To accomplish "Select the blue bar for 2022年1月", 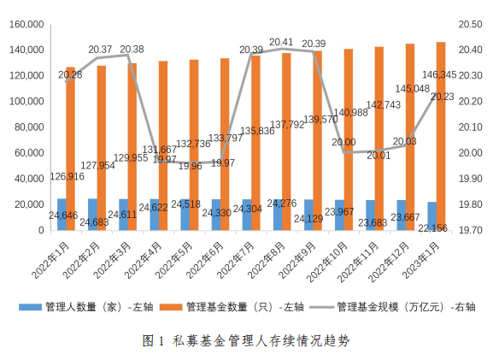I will pos(62,215).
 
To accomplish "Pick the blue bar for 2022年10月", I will pos(339,215).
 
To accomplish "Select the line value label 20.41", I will pos(282,41).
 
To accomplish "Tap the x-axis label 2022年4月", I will pos(140,260).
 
